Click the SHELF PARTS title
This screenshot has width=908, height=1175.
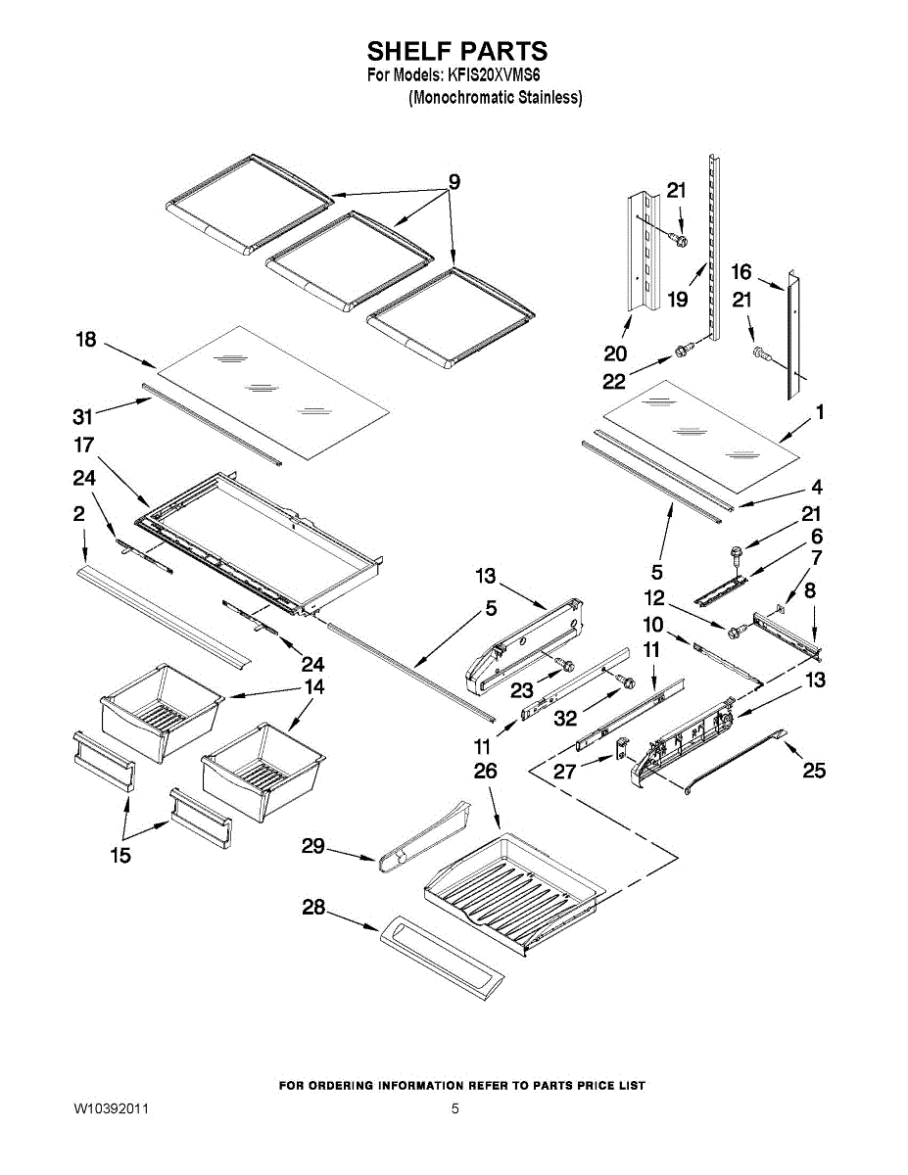[x=456, y=51]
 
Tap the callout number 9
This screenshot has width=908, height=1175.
[x=454, y=182]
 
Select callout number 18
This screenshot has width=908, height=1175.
[x=86, y=340]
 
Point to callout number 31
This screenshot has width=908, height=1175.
[x=84, y=415]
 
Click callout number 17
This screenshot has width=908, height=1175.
[x=84, y=446]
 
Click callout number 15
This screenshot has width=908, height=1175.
[x=119, y=856]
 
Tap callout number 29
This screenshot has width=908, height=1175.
[x=312, y=846]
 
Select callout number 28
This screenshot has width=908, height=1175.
[x=313, y=909]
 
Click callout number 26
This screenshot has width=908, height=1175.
[x=486, y=773]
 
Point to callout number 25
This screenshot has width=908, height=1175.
[x=814, y=772]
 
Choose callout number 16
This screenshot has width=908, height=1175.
[x=741, y=271]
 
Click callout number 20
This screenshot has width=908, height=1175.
[x=616, y=353]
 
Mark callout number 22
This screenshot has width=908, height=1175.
[x=614, y=381]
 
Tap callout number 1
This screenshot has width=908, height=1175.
[x=820, y=412]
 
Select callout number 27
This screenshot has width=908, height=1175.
[x=565, y=771]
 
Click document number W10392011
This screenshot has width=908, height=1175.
[x=112, y=1109]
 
